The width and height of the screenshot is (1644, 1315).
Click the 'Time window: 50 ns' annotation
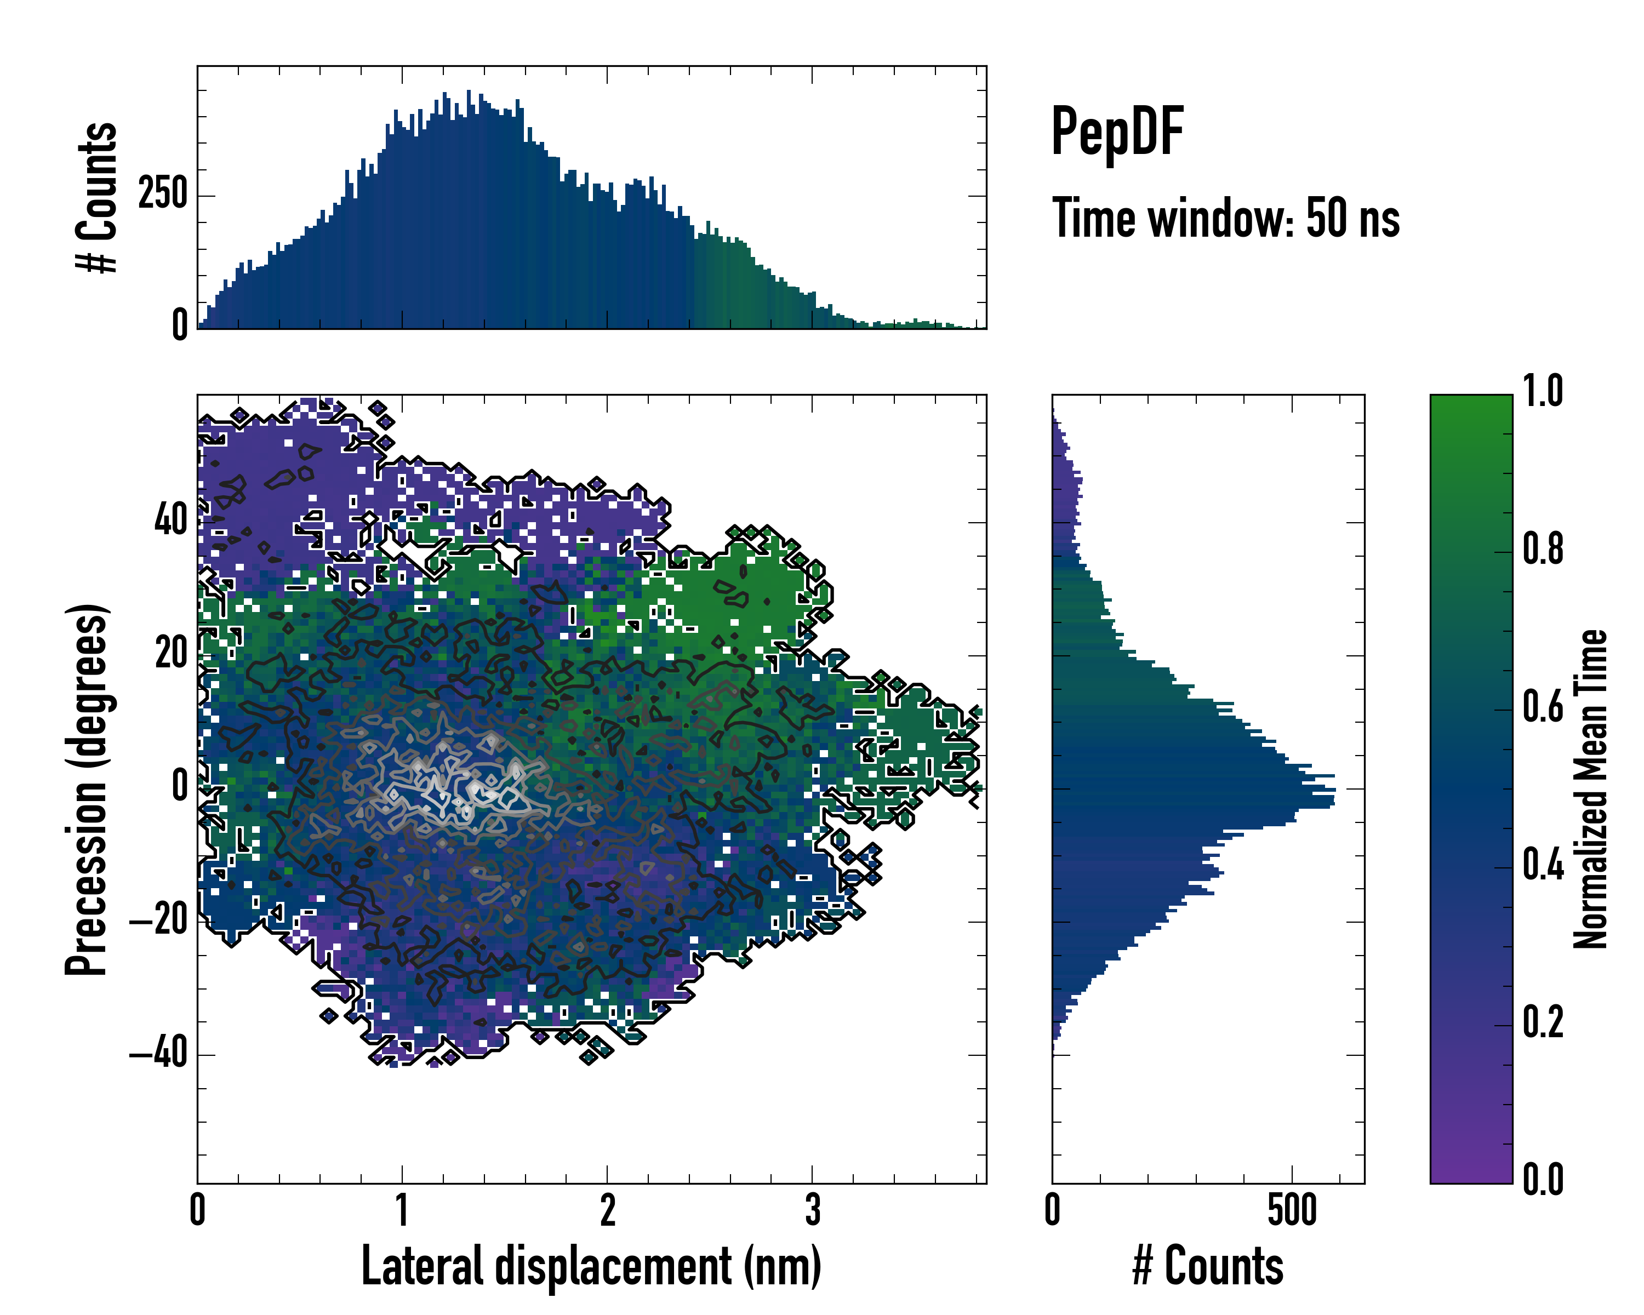coord(1225,218)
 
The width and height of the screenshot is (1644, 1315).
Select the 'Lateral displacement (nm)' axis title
coord(591,1266)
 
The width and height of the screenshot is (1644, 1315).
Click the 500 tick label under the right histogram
coord(1292,1210)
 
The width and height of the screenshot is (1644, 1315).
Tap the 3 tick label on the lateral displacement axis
coord(812,1210)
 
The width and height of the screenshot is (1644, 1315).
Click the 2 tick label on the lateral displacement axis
coord(607,1210)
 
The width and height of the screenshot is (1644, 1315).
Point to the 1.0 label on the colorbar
coord(1543,391)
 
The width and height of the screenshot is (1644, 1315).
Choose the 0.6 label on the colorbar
coord(1543,707)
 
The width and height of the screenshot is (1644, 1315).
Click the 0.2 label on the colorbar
coord(1543,1022)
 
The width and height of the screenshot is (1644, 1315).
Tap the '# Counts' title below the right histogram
coord(1208,1266)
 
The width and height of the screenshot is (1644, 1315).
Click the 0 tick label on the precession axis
coord(180,787)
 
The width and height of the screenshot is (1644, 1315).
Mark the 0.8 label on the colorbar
coord(1543,549)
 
